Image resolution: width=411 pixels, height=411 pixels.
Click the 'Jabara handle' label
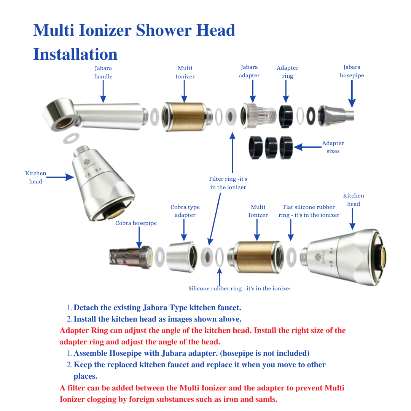coord(104,72)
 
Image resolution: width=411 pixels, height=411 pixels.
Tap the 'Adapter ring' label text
coord(287,72)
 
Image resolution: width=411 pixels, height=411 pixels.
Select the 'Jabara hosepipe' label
coord(352,71)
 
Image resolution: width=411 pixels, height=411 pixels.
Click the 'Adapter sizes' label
coord(333,147)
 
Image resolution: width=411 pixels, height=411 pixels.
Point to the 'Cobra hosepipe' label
coord(136,223)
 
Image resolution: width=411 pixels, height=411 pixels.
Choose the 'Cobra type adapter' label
coord(185,211)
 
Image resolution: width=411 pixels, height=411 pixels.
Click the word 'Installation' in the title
coord(75,54)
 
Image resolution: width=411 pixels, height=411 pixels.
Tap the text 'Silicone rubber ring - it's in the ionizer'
coord(240,288)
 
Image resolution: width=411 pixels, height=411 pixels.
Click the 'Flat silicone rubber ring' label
coord(309,211)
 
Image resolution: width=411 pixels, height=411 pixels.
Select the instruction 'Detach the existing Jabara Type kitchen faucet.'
coord(157,307)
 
